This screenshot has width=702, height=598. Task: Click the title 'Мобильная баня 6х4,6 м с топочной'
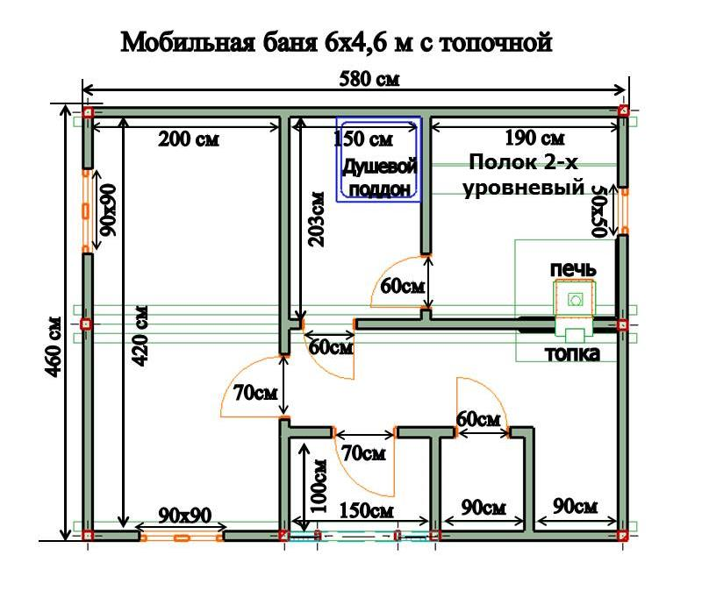pos(336,41)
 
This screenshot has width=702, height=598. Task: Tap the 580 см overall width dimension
pos(369,79)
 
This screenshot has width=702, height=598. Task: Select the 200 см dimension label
pos(188,139)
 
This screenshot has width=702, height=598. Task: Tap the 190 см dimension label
pos(534,139)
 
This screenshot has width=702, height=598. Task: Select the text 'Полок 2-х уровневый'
pos(526,174)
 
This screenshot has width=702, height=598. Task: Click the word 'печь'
pos(574,268)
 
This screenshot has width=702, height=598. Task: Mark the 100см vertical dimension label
pos(319,487)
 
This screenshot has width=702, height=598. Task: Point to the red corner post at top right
pos(622,110)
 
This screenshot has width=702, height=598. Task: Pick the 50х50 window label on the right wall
pos(600,210)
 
